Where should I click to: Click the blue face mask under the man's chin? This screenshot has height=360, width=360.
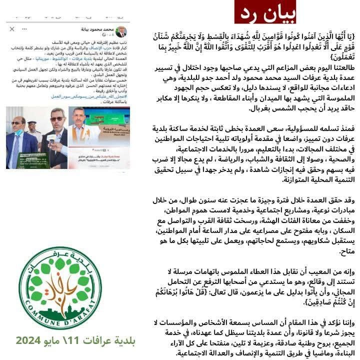[x=18, y=132]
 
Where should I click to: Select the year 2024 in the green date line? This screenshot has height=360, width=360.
[x=32, y=341]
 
